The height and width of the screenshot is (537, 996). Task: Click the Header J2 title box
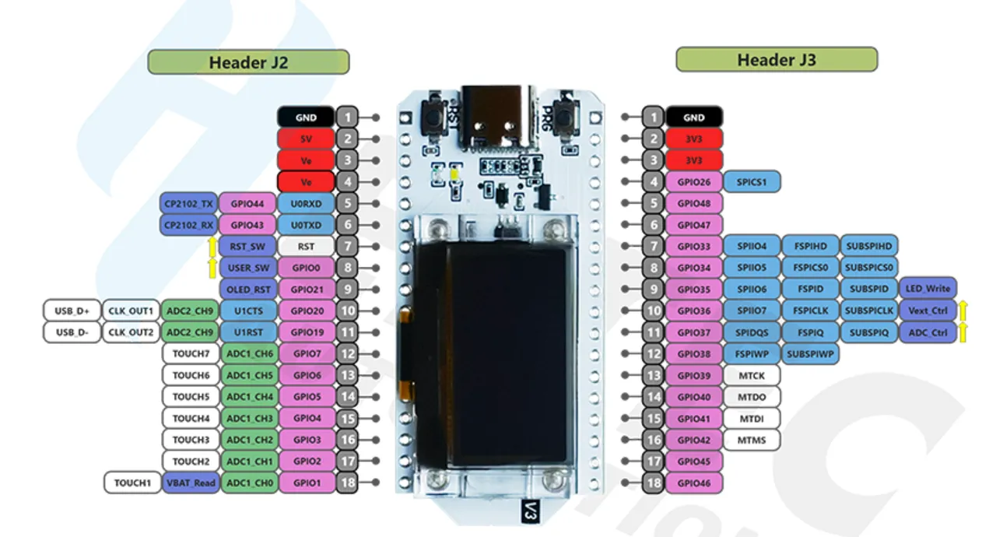tap(248, 61)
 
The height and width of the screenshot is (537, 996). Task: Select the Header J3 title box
tap(777, 59)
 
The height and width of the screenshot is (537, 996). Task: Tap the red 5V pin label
tap(306, 139)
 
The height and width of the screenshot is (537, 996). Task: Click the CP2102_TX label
tap(188, 204)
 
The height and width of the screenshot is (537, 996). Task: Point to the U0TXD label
tap(306, 225)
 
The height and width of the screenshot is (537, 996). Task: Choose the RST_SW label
tap(247, 246)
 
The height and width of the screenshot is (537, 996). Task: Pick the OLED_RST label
tap(247, 290)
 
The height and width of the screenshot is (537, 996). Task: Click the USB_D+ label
tap(72, 311)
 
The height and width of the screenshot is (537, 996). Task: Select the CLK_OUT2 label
tap(131, 332)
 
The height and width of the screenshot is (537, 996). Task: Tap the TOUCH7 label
tap(191, 354)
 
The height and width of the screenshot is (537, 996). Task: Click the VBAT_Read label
tap(191, 483)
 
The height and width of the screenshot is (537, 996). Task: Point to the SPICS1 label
tap(752, 182)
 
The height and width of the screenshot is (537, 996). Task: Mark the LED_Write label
tap(928, 289)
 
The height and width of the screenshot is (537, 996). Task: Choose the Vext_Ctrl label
tap(928, 311)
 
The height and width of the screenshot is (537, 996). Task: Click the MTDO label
tap(752, 397)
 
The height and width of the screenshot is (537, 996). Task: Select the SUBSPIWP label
tap(810, 354)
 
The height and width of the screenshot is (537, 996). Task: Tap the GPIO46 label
tap(693, 483)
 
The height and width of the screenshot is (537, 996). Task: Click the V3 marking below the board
tap(530, 511)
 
